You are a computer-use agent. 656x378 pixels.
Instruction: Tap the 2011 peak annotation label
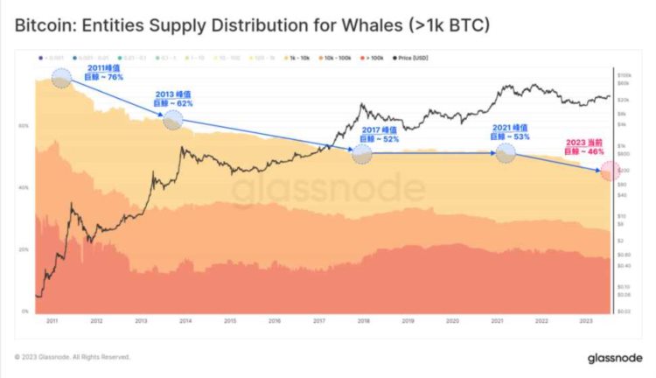pyautogui.click(x=102, y=73)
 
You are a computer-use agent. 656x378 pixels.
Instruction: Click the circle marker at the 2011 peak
pyautogui.click(x=61, y=79)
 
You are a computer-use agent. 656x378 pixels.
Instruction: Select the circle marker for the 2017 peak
pyautogui.click(x=361, y=155)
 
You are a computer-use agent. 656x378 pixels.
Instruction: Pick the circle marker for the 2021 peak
pyautogui.click(x=506, y=154)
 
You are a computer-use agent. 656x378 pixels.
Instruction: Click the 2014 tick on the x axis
pyautogui.click(x=185, y=322)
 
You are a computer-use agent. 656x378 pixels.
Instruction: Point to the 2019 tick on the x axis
pyautogui.click(x=408, y=322)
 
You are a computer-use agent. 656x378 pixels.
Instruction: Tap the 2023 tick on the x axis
pyautogui.click(x=585, y=322)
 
